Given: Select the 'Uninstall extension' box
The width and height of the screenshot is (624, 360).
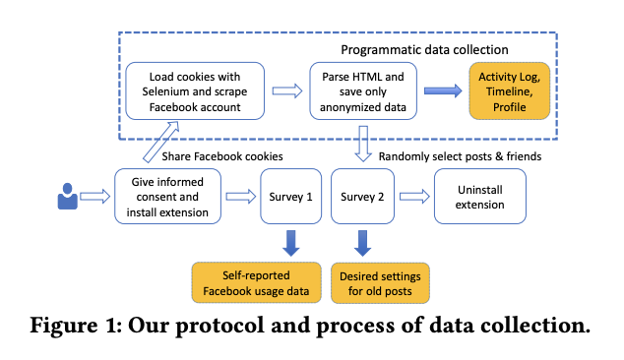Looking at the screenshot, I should tap(480, 197).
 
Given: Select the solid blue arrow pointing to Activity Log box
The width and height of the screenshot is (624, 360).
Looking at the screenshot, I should tap(443, 90).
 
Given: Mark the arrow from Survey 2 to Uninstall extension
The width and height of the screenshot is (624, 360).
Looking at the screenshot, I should tap(414, 197).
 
